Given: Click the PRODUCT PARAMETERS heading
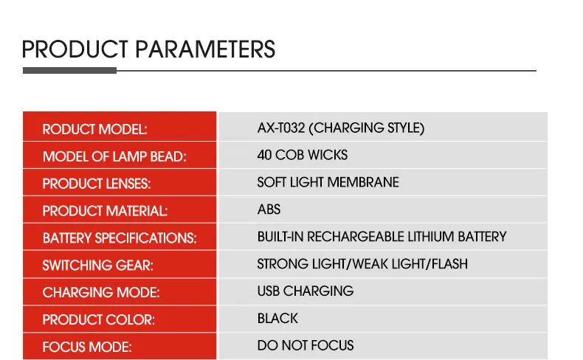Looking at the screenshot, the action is (148, 49).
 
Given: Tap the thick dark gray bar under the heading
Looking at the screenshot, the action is (69, 70).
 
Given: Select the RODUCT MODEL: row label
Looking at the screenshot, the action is (94, 129).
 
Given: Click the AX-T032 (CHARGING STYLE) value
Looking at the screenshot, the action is (341, 128).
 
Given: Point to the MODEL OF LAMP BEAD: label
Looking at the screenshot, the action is (114, 156).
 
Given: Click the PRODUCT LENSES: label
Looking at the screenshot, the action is (97, 184).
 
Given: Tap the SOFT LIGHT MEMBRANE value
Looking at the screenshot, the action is (328, 182).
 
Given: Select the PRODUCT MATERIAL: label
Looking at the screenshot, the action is (106, 211).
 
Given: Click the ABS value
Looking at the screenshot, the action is (269, 210).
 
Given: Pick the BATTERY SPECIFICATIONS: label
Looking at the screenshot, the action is (120, 238).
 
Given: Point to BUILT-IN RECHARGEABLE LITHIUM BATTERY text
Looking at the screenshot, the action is (382, 237).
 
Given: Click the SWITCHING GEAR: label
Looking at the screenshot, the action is (98, 266).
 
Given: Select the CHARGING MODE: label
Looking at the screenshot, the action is (101, 292).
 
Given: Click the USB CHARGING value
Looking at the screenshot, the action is (306, 291).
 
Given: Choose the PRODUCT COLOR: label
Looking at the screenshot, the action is (99, 319).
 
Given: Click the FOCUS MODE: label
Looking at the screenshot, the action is (87, 347).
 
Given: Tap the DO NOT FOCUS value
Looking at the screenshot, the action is (306, 345).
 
